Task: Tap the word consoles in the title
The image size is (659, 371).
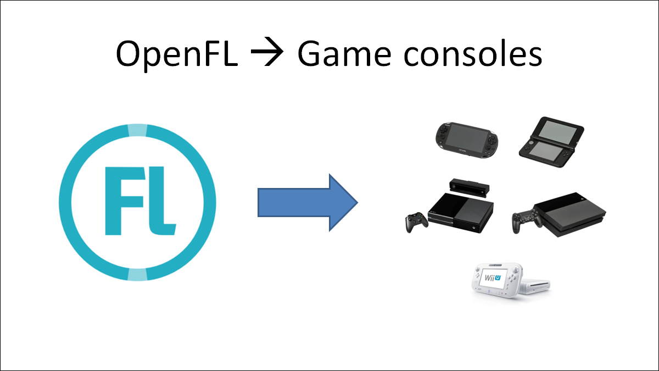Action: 475,53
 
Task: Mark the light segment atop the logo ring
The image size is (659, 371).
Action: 137,130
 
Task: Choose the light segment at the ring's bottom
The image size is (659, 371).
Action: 137,274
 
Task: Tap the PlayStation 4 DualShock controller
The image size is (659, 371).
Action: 526,219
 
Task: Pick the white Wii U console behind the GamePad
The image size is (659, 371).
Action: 536,285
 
